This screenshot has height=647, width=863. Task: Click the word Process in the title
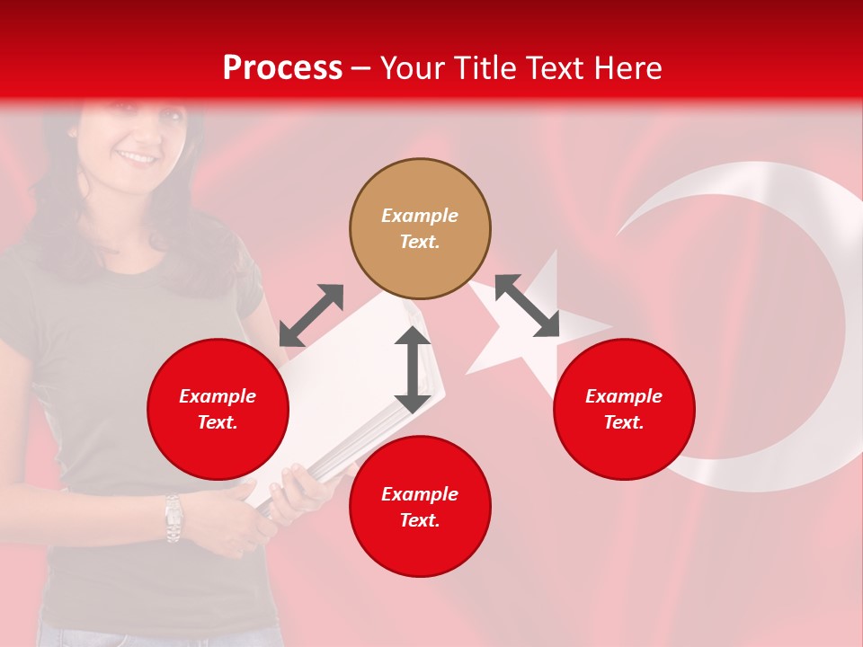tap(282, 68)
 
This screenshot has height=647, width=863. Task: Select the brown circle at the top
tap(420, 228)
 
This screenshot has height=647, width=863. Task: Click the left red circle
tap(218, 409)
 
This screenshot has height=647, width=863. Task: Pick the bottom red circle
tap(420, 507)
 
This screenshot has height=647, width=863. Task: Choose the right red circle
tap(624, 409)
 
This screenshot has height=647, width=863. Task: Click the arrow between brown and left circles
tap(311, 315)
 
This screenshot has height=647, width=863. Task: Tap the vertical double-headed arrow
tap(413, 369)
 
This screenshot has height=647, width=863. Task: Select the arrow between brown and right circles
tap(527, 306)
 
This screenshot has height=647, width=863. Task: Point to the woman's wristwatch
tap(173, 518)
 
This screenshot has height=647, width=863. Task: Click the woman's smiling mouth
tap(137, 157)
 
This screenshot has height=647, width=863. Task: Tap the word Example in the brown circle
tap(420, 216)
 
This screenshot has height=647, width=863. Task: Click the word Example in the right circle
tap(624, 396)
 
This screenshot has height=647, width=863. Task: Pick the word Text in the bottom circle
tap(420, 520)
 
